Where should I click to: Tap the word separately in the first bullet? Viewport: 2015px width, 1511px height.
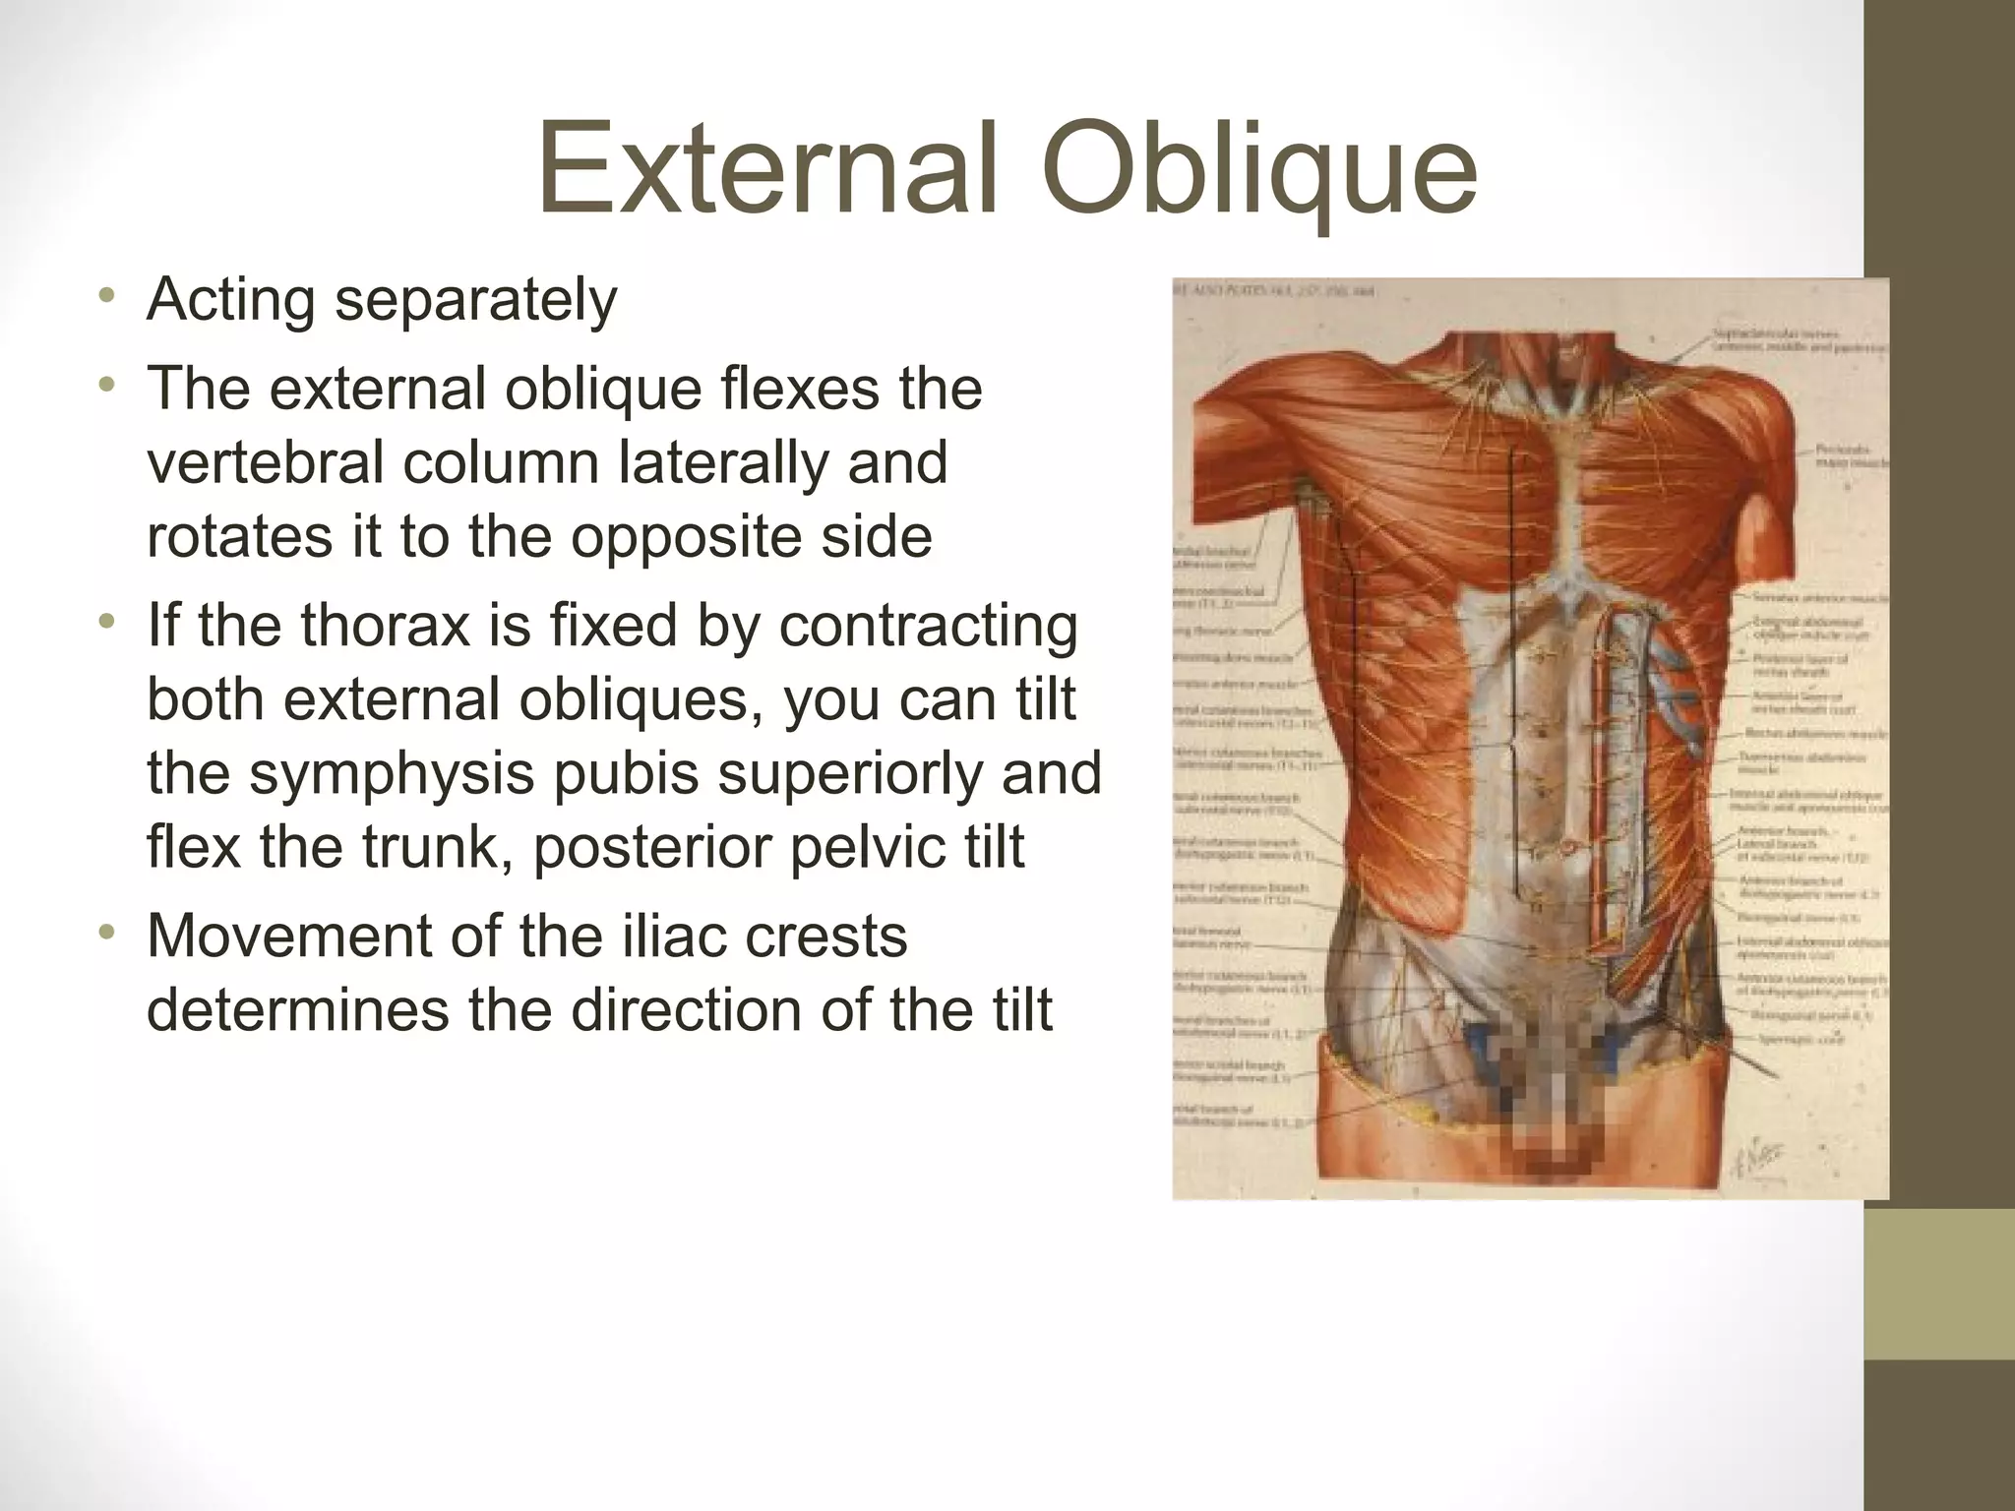click(x=476, y=301)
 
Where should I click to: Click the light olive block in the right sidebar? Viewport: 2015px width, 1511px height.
click(x=1939, y=1284)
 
